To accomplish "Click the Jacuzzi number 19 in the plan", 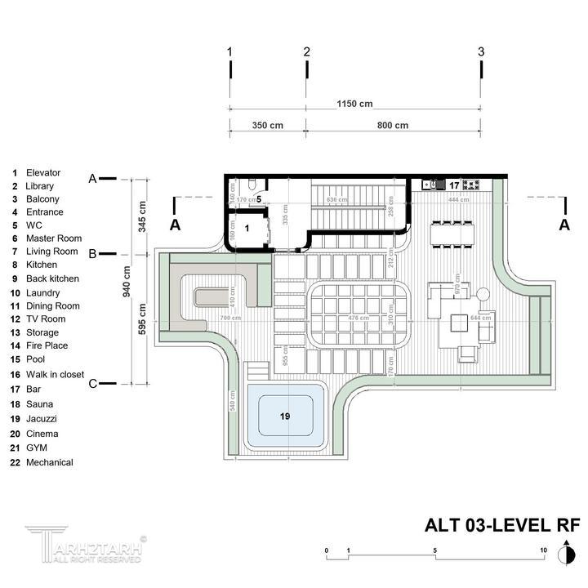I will click(285, 416).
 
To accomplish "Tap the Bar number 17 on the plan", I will click(455, 185).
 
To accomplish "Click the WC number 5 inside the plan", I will click(258, 198).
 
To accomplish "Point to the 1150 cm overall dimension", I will click(354, 104).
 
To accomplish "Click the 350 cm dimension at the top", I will click(267, 125).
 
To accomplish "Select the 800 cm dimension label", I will click(393, 125).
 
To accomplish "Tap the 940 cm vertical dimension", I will click(127, 280).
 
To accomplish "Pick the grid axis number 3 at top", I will click(481, 51).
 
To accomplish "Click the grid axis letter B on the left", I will click(93, 254).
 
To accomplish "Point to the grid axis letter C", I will click(93, 384).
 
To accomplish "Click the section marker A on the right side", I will click(563, 225).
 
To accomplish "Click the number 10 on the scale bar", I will click(543, 551).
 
